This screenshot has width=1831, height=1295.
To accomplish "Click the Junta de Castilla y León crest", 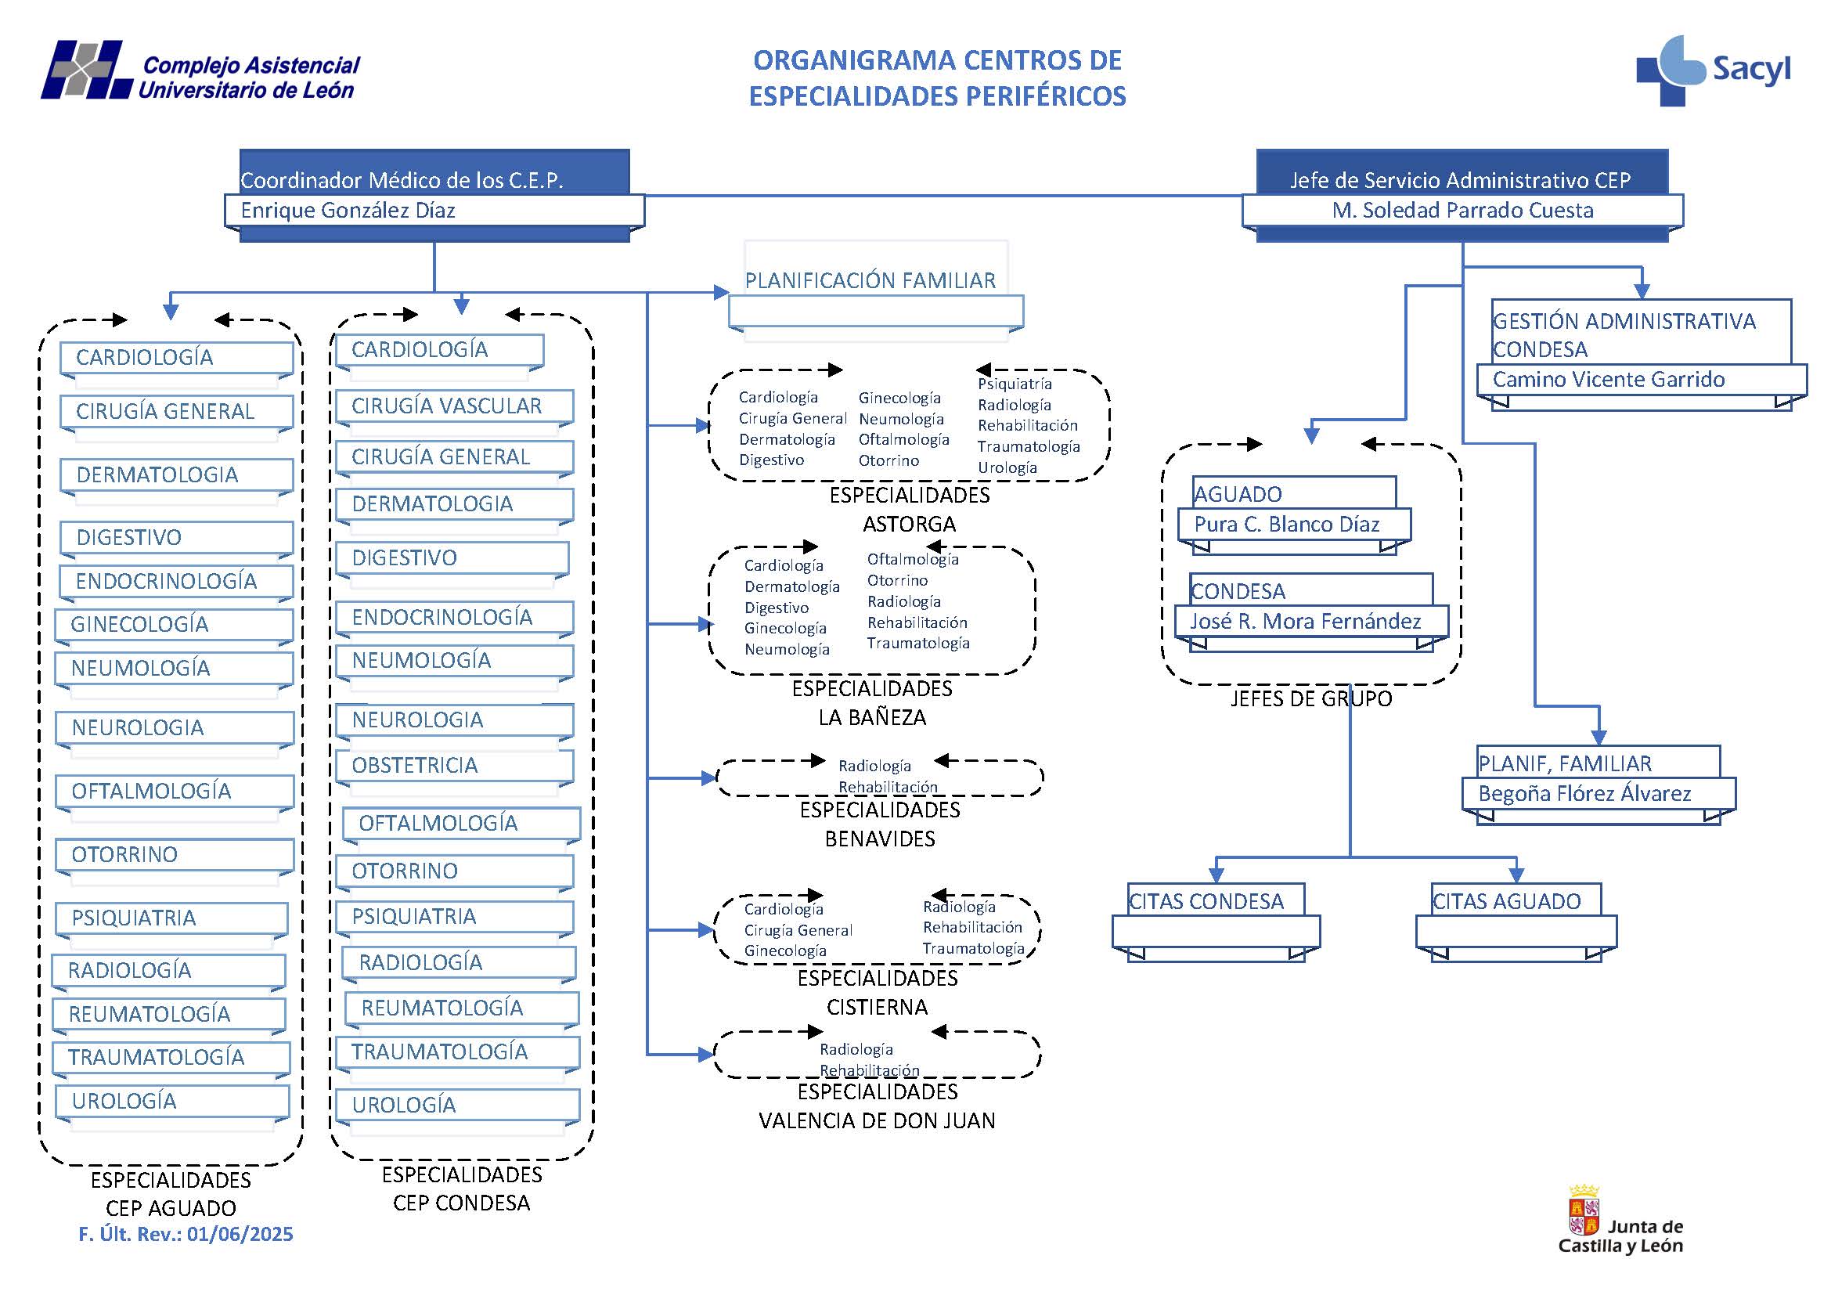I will tap(1584, 1210).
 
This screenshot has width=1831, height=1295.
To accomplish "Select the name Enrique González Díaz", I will tap(348, 211).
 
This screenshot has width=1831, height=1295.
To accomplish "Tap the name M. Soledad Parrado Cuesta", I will tap(1462, 211).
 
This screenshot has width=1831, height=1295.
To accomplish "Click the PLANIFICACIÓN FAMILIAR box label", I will tap(870, 281).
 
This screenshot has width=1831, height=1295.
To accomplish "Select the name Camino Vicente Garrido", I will tap(1608, 380).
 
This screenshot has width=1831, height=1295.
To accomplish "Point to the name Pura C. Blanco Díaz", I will tap(1286, 525).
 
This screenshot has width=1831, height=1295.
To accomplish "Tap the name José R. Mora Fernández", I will tap(1306, 622).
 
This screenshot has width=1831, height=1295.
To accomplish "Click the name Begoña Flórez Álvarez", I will tap(1584, 793).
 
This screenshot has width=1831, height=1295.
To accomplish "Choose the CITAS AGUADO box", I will tap(1505, 902).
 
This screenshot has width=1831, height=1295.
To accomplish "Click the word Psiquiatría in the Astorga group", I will tap(1015, 384).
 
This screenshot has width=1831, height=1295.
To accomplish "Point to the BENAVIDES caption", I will tap(880, 839).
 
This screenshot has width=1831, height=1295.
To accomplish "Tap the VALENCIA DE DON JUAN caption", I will tap(877, 1121).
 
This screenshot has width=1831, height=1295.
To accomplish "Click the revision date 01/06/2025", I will tap(240, 1235).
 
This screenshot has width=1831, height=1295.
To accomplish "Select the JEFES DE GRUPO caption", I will tap(1310, 699).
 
